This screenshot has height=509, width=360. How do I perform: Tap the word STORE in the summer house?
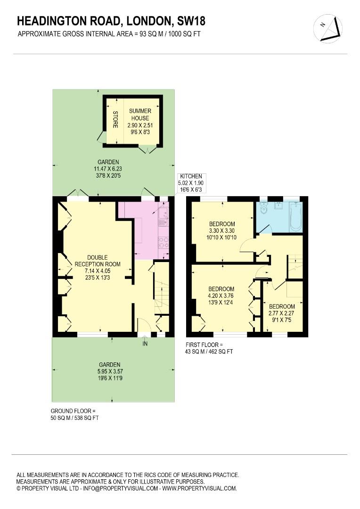pos(115,120)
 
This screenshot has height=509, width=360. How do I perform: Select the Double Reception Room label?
pos(97,267)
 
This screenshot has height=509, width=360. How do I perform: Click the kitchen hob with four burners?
pos(164,242)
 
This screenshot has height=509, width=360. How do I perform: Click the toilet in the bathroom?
pos(263,209)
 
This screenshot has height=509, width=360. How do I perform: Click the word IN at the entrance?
pos(145,344)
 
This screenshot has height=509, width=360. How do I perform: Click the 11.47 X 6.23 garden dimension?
pos(106,168)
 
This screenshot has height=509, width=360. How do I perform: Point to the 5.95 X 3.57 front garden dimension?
pos(110,371)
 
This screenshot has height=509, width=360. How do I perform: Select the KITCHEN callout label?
pos(189,182)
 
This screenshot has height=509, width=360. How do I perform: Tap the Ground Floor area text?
pos(74,414)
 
